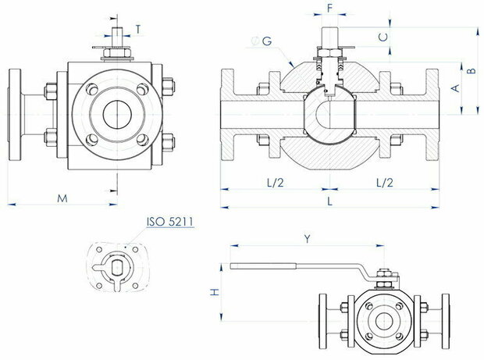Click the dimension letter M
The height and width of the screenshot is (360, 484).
[x=62, y=198]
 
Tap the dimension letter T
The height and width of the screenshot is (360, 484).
[x=138, y=30]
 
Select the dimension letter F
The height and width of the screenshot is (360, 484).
[x=330, y=9]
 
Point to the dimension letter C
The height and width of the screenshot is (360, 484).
[x=383, y=37]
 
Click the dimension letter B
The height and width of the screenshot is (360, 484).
[x=472, y=71]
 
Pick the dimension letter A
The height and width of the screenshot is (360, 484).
[x=456, y=88]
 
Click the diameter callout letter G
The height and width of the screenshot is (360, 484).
[x=267, y=41]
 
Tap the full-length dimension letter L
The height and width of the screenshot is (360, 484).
[x=330, y=201]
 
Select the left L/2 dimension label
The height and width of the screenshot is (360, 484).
[x=275, y=183]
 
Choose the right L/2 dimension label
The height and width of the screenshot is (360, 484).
[x=385, y=183]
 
